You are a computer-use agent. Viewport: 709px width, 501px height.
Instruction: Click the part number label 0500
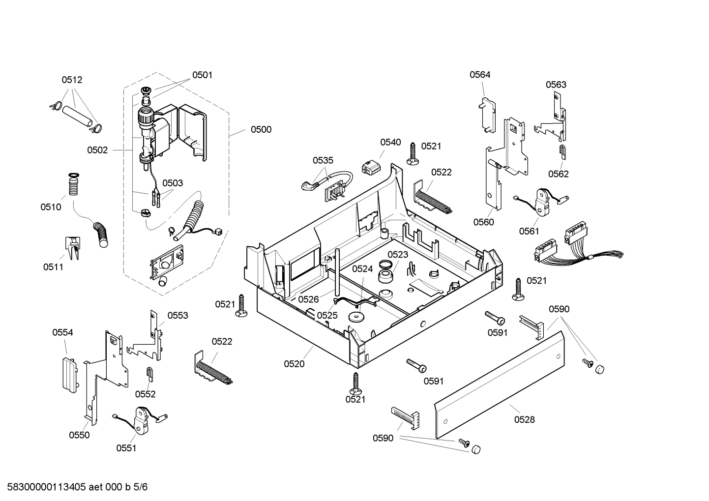pyautogui.click(x=261, y=130)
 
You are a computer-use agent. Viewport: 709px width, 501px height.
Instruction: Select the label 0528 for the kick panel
pyautogui.click(x=524, y=419)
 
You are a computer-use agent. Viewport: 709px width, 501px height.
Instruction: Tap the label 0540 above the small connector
pyautogui.click(x=390, y=143)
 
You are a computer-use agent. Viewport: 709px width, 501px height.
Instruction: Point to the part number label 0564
pyautogui.click(x=480, y=75)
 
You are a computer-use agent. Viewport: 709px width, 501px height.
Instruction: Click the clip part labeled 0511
pyautogui.click(x=72, y=247)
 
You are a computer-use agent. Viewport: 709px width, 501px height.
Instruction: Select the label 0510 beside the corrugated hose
pyautogui.click(x=51, y=207)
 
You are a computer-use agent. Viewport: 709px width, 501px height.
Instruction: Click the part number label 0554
pyautogui.click(x=62, y=332)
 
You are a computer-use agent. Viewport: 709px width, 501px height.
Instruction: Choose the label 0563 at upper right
pyautogui.click(x=556, y=85)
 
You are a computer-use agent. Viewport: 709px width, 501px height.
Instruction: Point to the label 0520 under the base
pyautogui.click(x=294, y=364)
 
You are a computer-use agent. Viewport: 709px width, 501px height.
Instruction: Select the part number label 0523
pyautogui.click(x=397, y=254)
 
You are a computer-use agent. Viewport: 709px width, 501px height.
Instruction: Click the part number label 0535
pyautogui.click(x=323, y=160)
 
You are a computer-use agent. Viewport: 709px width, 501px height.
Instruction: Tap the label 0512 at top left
pyautogui.click(x=72, y=80)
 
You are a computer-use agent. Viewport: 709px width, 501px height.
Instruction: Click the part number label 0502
pyautogui.click(x=97, y=150)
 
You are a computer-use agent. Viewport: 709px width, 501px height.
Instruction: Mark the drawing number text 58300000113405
pyautogui.click(x=44, y=487)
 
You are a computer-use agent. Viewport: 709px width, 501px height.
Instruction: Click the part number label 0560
pyautogui.click(x=483, y=222)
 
